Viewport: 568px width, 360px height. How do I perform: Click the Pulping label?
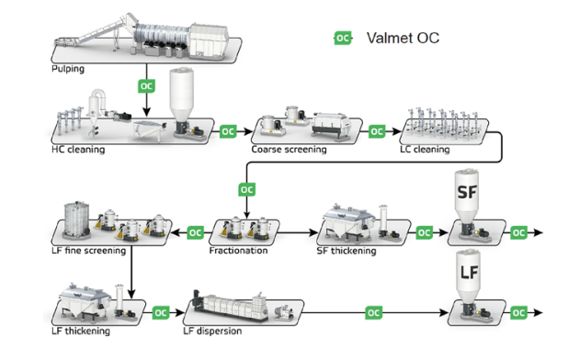68,69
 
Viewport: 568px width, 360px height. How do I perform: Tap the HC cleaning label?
78,149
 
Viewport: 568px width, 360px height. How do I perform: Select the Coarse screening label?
290,149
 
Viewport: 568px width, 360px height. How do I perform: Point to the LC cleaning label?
425,149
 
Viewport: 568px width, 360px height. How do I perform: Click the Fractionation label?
238,251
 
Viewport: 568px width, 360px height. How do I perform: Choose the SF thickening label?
346,251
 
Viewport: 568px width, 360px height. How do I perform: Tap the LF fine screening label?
89,251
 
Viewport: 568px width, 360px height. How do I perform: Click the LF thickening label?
81,331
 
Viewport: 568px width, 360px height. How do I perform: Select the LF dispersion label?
212,331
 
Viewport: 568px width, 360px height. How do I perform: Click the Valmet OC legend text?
403,38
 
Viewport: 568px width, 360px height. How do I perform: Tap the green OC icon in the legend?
343,38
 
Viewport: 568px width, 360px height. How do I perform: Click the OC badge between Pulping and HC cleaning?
146,86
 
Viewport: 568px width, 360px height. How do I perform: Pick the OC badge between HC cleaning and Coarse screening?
228,131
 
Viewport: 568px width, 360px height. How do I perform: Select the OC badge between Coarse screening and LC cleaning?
377,131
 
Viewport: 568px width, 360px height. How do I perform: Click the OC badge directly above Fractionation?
246,189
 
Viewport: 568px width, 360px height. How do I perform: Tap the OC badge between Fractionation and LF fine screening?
195,232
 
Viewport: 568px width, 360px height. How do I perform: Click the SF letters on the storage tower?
467,192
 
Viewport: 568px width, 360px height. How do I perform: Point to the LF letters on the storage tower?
469,273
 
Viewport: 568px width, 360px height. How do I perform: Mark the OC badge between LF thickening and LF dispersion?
161,312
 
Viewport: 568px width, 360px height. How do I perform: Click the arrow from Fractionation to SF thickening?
298,232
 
